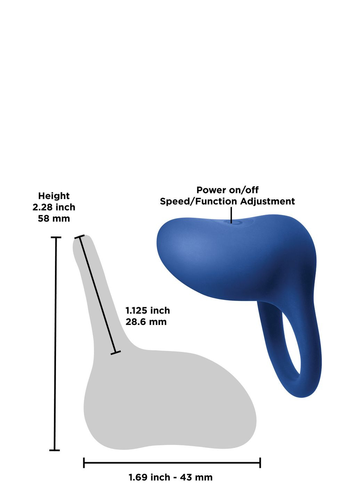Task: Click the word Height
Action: pos(54,196)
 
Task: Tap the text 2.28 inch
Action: pos(54,207)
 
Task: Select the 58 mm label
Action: pos(54,219)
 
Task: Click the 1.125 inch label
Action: pos(147,310)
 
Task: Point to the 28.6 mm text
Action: pos(146,321)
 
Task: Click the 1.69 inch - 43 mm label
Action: pos(170,477)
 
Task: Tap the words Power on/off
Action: pos(227,190)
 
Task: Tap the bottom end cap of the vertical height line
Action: pos(55,450)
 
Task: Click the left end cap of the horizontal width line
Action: pos(84,463)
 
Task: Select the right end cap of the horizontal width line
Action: pos(260,463)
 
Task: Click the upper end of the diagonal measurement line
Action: pos(80,237)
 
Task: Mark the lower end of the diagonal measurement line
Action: pos(115,353)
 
